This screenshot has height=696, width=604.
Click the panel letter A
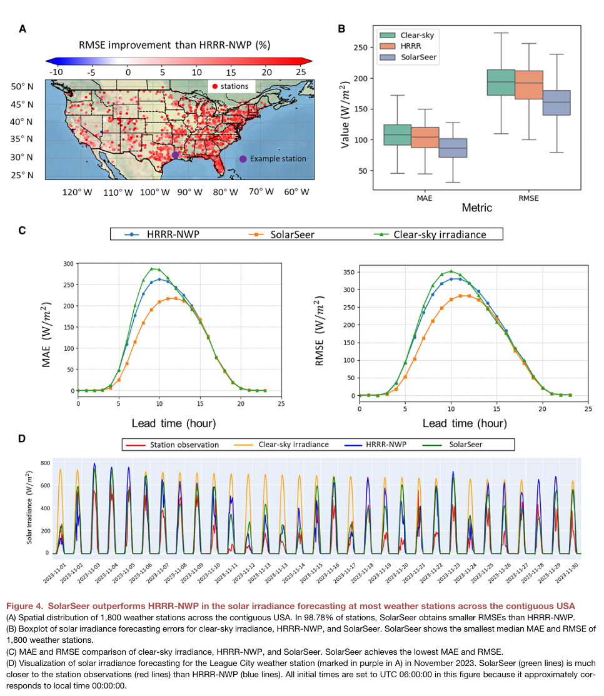[23, 29]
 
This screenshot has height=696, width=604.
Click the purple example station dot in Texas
[176, 154]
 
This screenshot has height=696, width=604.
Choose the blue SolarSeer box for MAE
[453, 148]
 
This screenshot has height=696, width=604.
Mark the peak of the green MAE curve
[151, 269]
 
